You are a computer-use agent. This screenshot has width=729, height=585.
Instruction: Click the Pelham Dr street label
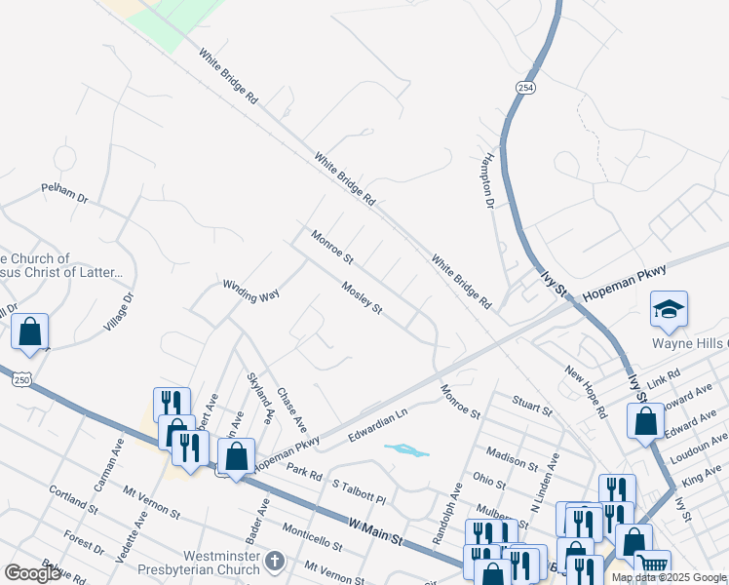click(64, 192)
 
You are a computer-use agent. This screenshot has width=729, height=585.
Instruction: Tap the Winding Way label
click(250, 291)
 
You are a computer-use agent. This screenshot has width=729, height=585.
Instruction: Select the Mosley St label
click(361, 297)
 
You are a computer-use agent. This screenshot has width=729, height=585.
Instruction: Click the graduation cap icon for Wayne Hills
click(669, 309)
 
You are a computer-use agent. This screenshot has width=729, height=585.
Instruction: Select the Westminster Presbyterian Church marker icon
click(274, 561)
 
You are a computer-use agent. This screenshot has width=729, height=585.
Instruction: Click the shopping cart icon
click(652, 565)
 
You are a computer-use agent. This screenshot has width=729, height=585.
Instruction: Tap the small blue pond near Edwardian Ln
click(406, 450)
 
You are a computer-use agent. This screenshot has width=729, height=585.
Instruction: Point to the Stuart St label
click(532, 406)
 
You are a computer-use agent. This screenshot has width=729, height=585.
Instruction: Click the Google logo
click(32, 573)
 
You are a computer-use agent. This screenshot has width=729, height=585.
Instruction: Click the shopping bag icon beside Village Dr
click(30, 331)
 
